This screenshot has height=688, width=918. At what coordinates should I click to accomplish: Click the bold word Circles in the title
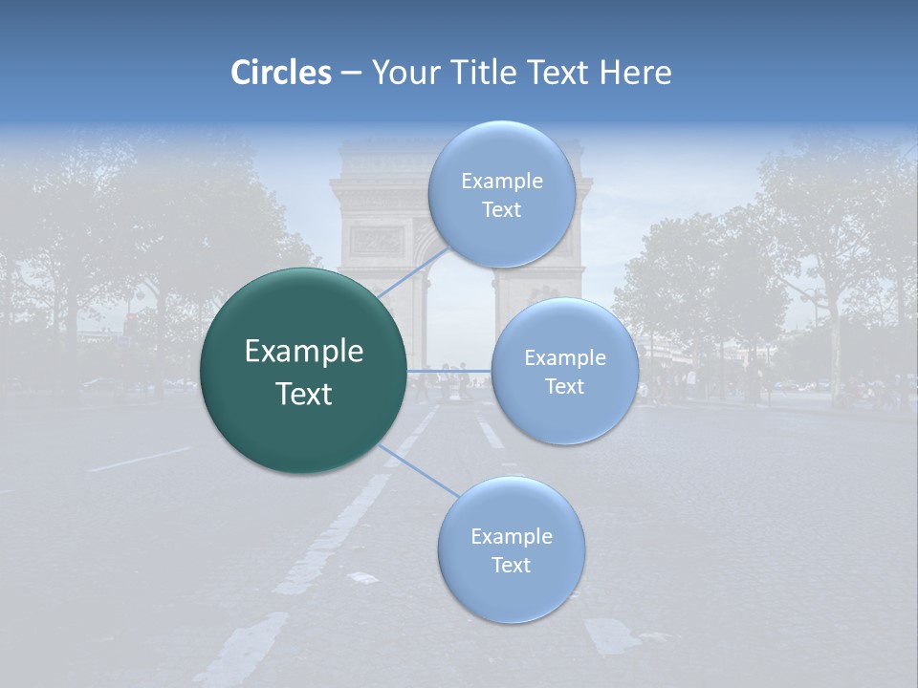point(280,73)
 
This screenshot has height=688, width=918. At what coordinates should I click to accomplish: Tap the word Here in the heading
point(635,73)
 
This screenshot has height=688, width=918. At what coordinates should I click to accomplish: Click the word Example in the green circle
point(304,352)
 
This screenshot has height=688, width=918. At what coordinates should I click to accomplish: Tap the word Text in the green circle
point(304,394)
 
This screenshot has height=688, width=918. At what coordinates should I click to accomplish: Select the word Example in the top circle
point(501,182)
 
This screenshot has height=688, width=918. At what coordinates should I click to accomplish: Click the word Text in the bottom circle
point(511,565)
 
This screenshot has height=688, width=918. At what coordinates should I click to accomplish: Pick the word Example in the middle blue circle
point(564,358)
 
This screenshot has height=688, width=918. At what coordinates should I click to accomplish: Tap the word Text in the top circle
point(501,210)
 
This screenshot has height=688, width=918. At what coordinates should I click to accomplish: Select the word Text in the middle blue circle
point(564,386)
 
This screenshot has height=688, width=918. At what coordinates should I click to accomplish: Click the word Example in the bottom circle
point(511,537)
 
